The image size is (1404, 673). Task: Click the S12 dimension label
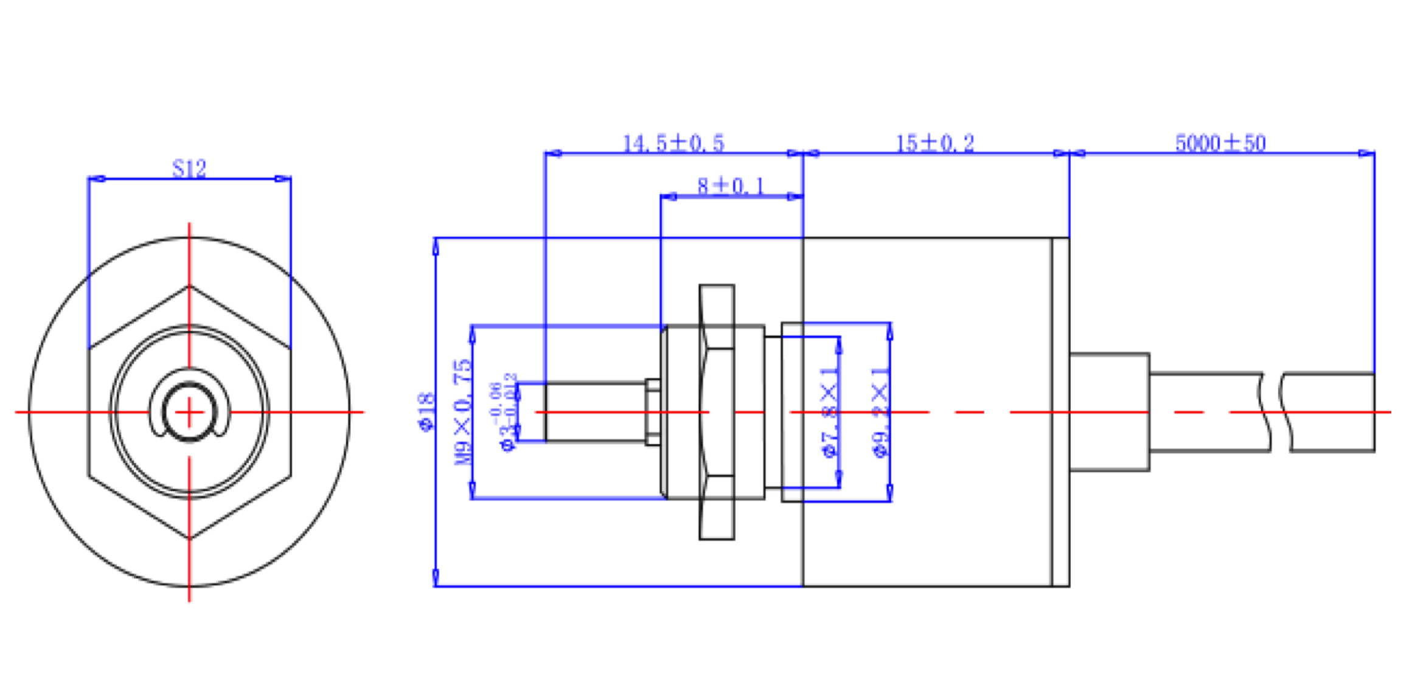point(189,168)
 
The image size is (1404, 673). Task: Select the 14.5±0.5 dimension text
point(673,144)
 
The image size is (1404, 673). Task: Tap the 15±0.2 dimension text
point(935,144)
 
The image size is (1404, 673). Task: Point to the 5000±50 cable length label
point(1220,144)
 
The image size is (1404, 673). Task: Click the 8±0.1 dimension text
point(730,186)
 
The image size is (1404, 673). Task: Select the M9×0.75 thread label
point(464,412)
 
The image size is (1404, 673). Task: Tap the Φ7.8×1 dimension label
point(830,412)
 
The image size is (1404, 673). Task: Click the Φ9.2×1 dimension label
point(880,412)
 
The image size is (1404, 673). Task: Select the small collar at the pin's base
point(653,412)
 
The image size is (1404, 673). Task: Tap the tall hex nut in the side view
point(717,412)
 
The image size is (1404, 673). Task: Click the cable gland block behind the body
point(1109,412)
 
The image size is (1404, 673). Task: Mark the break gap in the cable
point(1276,412)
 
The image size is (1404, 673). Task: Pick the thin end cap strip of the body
point(1060,412)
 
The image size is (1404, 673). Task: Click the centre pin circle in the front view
point(189,412)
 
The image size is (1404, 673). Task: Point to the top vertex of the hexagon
point(189,285)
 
